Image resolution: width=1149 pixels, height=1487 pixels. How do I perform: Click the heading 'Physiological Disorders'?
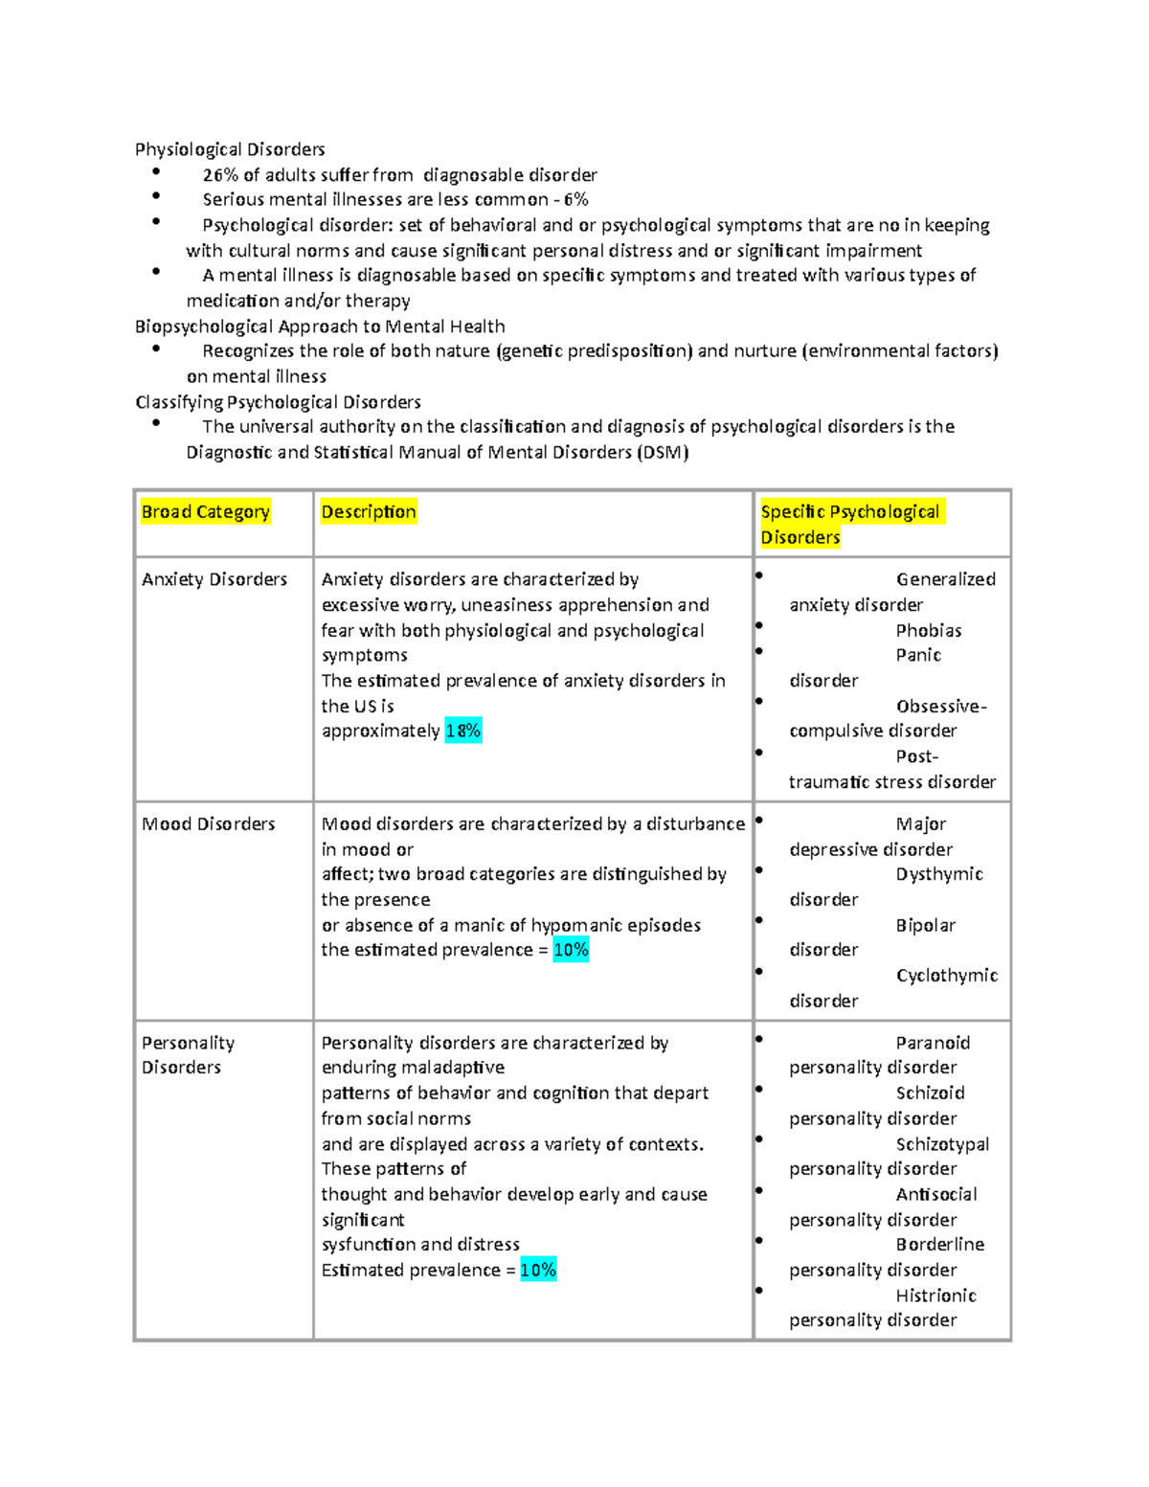[x=230, y=149]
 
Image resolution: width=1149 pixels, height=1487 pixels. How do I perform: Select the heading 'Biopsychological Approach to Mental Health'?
[x=320, y=327]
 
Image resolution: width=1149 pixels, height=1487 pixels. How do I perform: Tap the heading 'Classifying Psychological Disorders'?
[x=278, y=402]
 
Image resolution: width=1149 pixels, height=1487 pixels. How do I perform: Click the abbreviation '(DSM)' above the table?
[x=663, y=452]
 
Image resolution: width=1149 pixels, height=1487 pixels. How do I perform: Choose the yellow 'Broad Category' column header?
[x=205, y=512]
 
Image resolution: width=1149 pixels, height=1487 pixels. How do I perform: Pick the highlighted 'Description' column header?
[x=369, y=512]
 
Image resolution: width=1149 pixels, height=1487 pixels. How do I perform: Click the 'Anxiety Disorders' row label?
[x=214, y=579]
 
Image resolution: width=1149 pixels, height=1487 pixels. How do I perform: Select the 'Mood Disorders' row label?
[x=208, y=824]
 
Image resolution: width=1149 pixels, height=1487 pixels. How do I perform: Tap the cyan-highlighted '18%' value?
[x=463, y=732]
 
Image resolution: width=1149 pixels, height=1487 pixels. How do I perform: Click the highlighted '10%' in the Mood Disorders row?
[x=571, y=950]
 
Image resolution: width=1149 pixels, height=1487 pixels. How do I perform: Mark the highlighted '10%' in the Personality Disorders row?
[x=538, y=1271]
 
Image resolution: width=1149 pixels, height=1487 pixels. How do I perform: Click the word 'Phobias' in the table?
[x=929, y=631]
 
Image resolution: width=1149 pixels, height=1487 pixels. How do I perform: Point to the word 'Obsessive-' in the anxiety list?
[x=941, y=707]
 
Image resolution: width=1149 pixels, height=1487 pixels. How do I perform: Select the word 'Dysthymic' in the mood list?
[x=939, y=875]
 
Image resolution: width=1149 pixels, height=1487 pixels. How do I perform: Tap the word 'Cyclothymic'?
[x=946, y=976]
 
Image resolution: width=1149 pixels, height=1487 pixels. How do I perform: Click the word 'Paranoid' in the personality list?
[x=933, y=1043]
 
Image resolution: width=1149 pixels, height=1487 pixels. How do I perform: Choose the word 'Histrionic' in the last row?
[x=935, y=1295]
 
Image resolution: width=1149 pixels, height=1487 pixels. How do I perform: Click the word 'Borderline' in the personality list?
[x=939, y=1245]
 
